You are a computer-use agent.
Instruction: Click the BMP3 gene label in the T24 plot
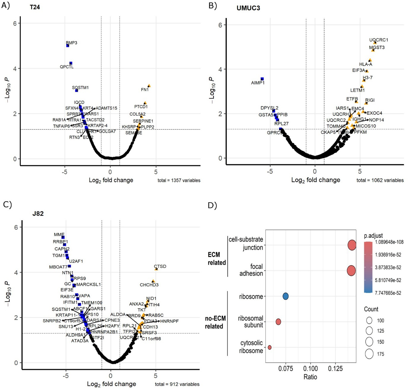point(71,43)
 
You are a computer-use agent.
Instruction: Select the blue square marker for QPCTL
point(71,63)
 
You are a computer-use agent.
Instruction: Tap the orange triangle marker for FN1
point(149,86)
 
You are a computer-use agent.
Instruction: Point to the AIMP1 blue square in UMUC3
point(262,79)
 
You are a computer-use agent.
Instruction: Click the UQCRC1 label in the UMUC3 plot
point(378,40)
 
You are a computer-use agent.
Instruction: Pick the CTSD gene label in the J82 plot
point(160,266)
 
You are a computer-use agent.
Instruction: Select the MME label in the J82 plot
point(59,235)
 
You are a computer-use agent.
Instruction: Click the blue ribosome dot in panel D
point(285,296)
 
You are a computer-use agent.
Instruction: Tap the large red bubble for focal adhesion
point(351,271)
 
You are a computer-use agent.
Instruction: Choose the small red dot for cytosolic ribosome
point(270,347)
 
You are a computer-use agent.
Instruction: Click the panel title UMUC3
point(248,8)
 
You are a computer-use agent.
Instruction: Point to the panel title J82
point(38,214)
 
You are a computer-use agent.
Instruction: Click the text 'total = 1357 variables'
point(179,180)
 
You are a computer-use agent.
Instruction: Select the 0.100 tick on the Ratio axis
point(310,369)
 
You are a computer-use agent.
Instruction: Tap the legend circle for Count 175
point(369,354)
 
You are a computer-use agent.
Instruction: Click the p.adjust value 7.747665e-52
point(388,293)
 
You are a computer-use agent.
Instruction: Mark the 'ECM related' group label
point(217,258)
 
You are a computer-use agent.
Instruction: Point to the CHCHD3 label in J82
point(149,285)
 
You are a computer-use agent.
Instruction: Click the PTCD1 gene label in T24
point(141,107)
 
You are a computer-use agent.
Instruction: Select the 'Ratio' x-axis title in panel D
point(310,377)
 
